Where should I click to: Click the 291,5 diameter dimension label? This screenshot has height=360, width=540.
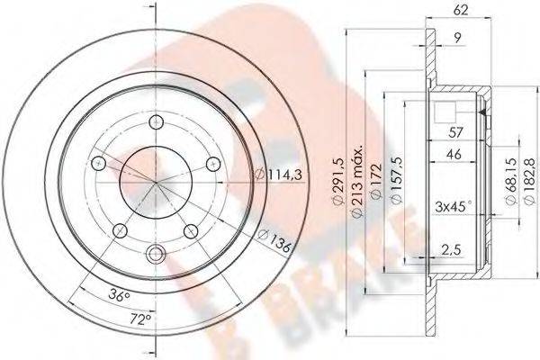tap(338, 182)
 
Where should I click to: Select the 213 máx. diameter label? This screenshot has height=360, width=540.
tap(358, 181)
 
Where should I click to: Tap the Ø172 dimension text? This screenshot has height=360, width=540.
tap(376, 181)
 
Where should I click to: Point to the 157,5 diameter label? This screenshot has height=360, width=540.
tap(397, 180)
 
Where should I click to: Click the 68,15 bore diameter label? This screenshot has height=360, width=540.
tap(511, 181)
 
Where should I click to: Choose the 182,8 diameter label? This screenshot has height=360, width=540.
tap(529, 182)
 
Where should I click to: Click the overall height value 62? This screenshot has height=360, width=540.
tap(461, 10)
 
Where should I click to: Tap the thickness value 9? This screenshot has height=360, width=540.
tap(457, 38)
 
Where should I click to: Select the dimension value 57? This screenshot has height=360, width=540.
tap(454, 132)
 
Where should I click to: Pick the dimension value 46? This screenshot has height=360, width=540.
tap(454, 154)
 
